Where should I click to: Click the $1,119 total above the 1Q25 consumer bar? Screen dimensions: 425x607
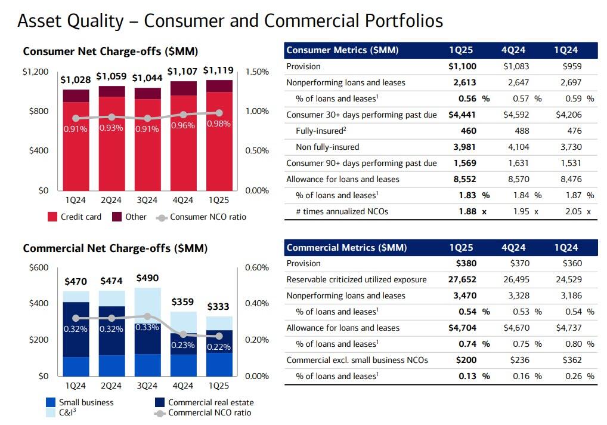coord(218,71)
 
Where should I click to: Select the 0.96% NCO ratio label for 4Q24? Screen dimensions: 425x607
coord(183,125)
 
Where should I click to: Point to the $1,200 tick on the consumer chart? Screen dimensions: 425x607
coord(35,72)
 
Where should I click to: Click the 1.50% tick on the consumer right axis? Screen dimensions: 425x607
coord(257,72)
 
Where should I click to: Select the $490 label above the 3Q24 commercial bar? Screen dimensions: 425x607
coord(147,278)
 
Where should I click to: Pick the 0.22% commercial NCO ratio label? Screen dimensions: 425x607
coord(219,347)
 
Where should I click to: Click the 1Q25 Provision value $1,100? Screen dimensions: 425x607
coord(462,66)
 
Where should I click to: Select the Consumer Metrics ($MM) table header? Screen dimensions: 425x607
coord(342,50)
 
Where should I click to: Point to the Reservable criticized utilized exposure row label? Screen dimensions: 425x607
coord(357,279)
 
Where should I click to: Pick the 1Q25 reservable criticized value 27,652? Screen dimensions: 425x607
coord(462,279)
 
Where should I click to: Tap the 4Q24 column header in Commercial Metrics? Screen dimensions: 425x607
coord(513,248)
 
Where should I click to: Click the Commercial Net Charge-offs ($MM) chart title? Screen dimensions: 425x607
coord(115,248)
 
